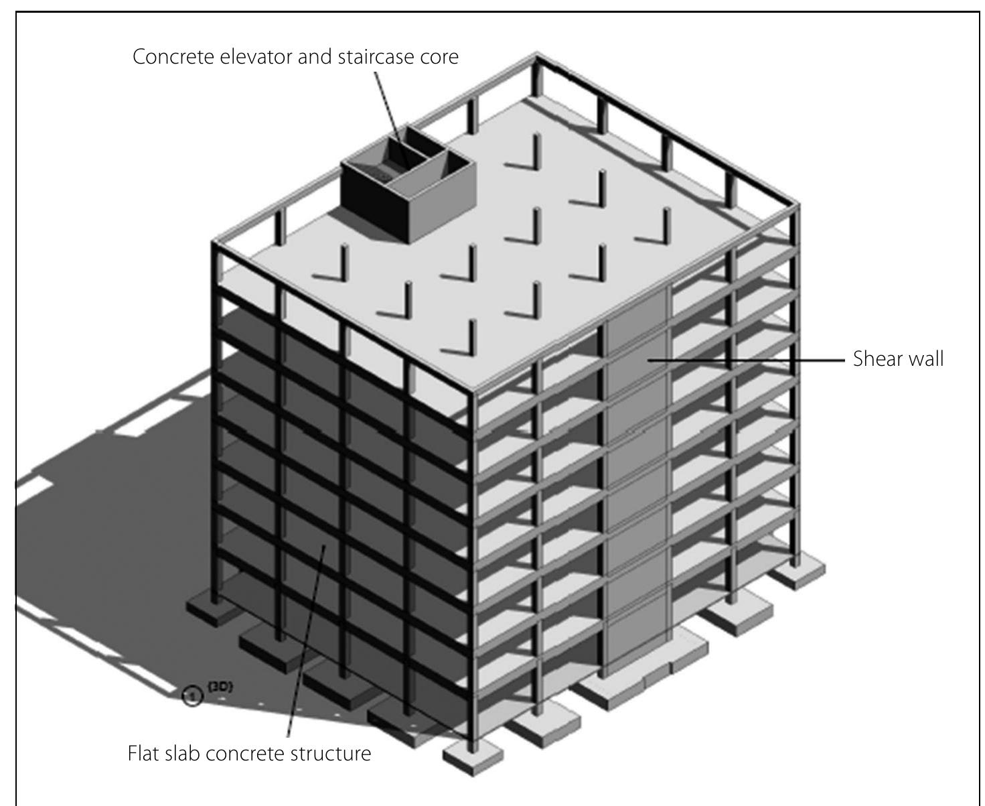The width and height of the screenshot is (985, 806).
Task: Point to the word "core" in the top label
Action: [439, 57]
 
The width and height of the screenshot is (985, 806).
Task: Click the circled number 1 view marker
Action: [192, 697]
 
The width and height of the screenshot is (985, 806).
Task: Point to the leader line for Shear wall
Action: [743, 360]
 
